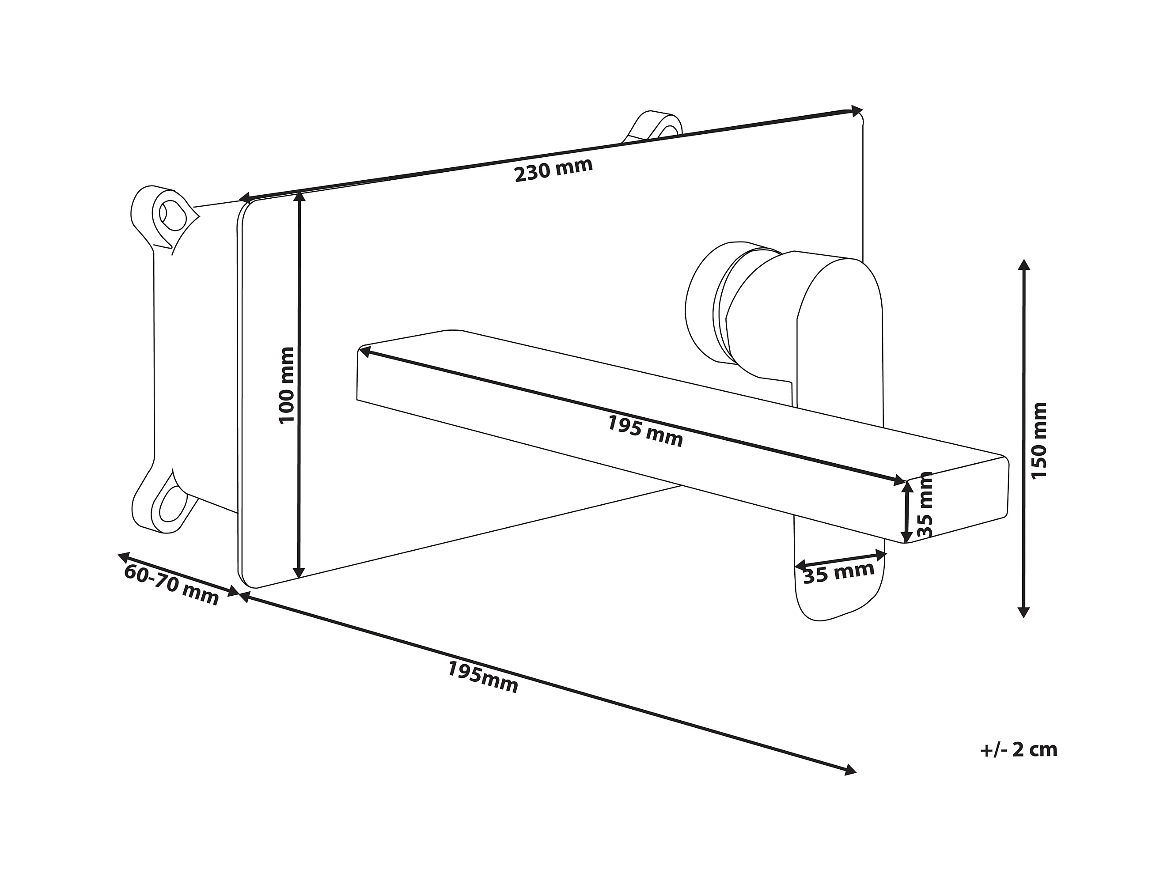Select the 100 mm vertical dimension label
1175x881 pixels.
point(286,385)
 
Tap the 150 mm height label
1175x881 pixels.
point(1039,440)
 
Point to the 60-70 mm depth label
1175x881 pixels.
point(171,585)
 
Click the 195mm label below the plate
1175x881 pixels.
point(482,677)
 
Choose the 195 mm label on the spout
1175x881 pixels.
point(645,431)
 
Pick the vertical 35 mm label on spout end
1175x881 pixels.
point(925,504)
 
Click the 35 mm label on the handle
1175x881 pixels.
point(838,572)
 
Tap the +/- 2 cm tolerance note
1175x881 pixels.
point(1019,749)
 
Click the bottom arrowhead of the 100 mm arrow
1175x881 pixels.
point(299,572)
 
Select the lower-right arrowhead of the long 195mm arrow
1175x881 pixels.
point(850,770)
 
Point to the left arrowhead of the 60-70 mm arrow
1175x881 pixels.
point(123,556)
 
